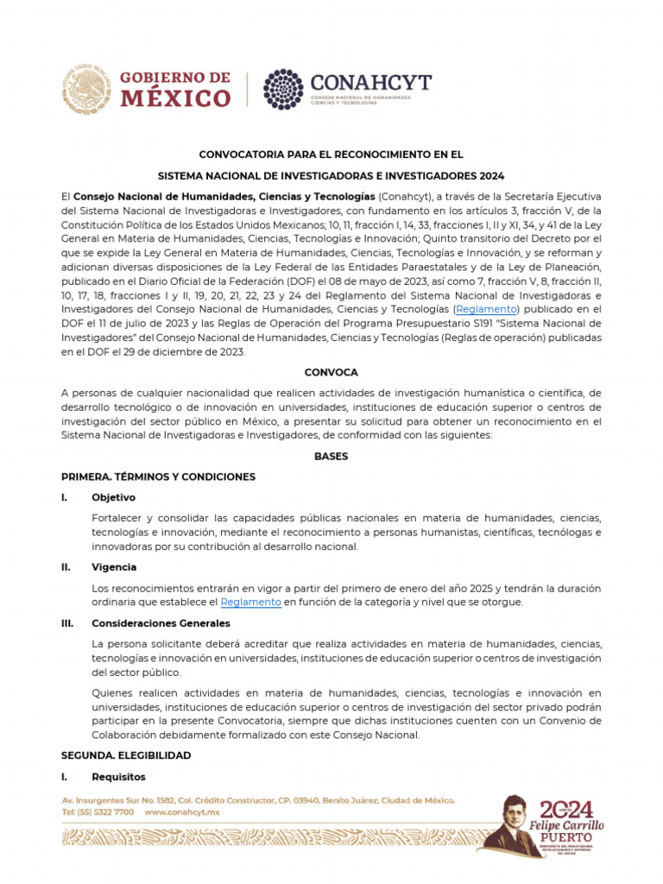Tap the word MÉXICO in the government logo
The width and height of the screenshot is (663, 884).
tap(175, 98)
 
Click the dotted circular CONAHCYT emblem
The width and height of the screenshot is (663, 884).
tap(284, 89)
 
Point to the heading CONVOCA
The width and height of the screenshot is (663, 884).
tap(331, 371)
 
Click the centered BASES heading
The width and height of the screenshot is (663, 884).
tap(331, 456)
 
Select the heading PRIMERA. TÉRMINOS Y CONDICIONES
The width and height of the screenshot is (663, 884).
tap(158, 477)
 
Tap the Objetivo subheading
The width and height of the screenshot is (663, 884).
tap(113, 497)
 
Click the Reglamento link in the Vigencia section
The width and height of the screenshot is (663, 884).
tap(250, 602)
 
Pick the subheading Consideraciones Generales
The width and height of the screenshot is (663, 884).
tap(161, 622)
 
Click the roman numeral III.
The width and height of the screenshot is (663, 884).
tap(67, 622)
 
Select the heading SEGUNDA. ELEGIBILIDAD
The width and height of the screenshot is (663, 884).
tap(126, 755)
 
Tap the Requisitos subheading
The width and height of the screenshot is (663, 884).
tap(118, 776)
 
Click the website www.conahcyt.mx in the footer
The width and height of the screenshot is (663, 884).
tap(182, 812)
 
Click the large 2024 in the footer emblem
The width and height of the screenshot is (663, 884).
tap(567, 809)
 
